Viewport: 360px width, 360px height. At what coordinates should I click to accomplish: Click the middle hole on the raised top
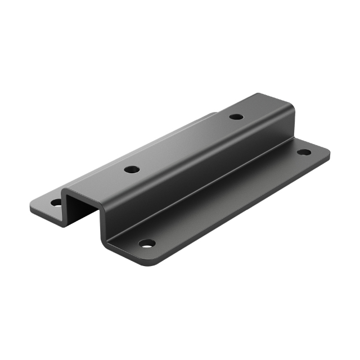tap(132, 169)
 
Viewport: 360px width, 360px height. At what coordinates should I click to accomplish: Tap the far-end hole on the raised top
tap(237, 117)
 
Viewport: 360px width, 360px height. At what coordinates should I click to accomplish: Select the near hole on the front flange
tap(147, 243)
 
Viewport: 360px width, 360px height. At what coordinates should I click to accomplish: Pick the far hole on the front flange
tap(304, 152)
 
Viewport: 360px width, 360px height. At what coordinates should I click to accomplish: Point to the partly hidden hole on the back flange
tap(56, 201)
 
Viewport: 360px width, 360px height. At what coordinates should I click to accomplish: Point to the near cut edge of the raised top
tap(84, 194)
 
